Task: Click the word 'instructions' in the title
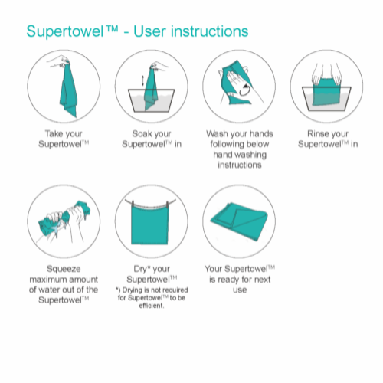click(x=209, y=31)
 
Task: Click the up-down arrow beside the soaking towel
click(x=142, y=80)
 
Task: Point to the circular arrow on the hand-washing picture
click(x=244, y=90)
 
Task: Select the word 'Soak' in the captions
click(x=141, y=133)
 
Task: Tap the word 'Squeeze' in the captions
click(x=64, y=269)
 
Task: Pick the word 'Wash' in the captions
click(x=217, y=133)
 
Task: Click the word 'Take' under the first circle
click(x=54, y=133)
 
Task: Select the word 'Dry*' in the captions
click(x=142, y=269)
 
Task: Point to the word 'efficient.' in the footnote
click(x=152, y=306)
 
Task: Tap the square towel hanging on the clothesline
click(x=150, y=224)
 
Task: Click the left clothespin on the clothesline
click(x=133, y=205)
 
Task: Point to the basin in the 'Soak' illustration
click(x=152, y=100)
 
